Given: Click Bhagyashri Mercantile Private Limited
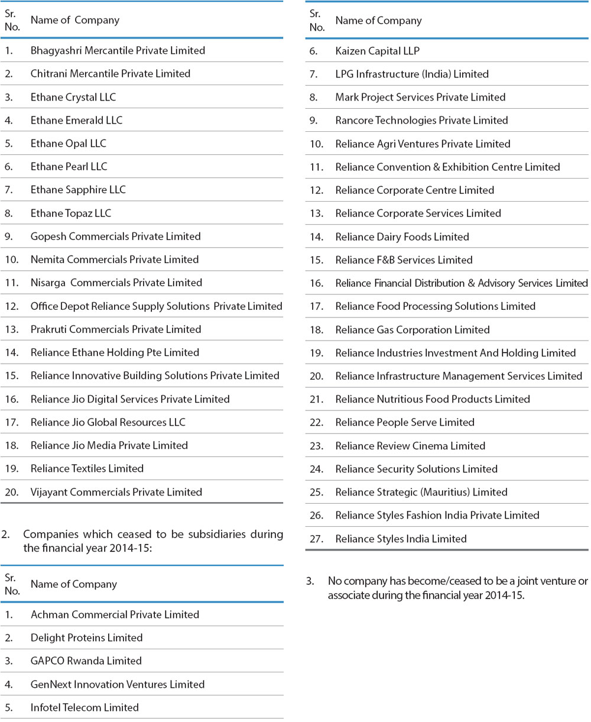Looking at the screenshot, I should [118, 51].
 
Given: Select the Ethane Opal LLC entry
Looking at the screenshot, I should [69, 144].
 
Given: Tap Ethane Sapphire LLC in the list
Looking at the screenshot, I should [78, 190].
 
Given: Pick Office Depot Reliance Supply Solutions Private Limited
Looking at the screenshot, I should [156, 306].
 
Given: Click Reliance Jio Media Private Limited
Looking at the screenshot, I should [109, 445].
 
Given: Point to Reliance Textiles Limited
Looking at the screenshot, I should [87, 468].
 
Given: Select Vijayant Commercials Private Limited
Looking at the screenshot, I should [116, 492].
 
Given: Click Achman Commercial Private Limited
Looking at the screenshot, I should [115, 614].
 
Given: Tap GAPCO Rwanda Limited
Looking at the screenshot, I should [86, 661].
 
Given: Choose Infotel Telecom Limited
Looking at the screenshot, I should [85, 707].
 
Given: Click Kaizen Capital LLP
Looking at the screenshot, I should [377, 51].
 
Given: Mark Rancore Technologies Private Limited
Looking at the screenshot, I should [421, 120].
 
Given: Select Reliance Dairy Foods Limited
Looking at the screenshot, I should [402, 237].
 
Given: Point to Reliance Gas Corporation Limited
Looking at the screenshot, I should [412, 329].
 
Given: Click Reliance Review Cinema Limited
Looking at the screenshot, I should [410, 446].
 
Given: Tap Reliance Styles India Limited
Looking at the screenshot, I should [401, 539].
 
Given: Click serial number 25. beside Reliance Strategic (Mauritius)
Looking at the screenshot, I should [316, 492].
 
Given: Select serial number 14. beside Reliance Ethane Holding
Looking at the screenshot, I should [12, 352].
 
